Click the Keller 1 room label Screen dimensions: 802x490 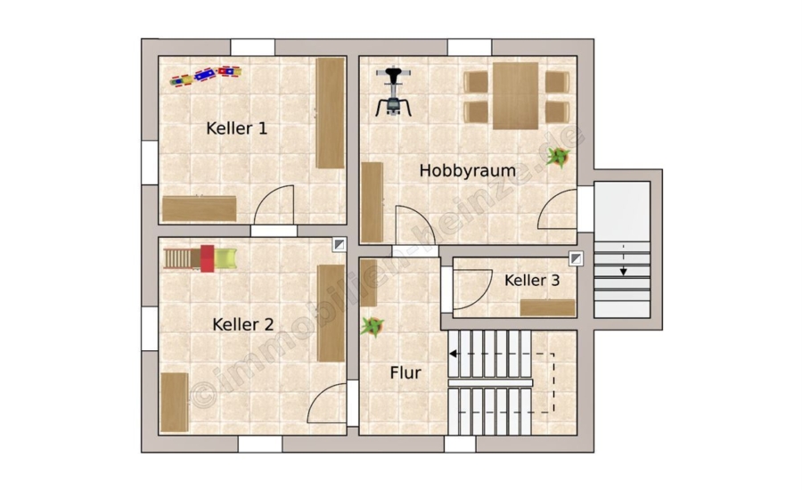click(236, 128)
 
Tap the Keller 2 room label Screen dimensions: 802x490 click(243, 324)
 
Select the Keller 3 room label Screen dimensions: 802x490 click(532, 281)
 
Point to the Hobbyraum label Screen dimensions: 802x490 click(468, 170)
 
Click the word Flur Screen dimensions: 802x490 click(405, 373)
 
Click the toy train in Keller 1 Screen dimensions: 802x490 click(205, 76)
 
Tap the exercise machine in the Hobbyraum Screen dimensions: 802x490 click(393, 92)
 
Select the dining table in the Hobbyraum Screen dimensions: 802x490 click(516, 95)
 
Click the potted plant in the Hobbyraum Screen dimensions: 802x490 click(558, 157)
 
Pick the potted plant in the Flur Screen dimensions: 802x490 click(372, 326)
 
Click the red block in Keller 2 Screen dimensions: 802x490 click(207, 258)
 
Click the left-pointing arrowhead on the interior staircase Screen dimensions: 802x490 click(453, 354)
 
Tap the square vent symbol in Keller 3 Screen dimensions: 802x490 click(576, 259)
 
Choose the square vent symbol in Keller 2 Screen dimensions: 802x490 click(340, 244)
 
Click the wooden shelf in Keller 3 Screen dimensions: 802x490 click(548, 308)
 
